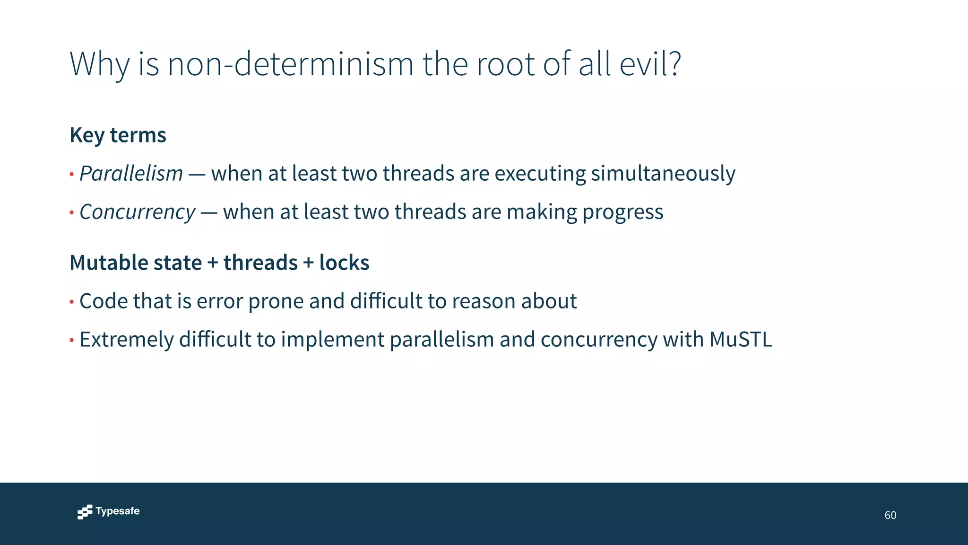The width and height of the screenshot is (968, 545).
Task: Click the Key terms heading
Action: click(x=118, y=135)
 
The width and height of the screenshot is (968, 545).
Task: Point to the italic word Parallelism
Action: click(x=131, y=174)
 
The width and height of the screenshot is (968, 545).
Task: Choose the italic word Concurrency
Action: click(x=137, y=212)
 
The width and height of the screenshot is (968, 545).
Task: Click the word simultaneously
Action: click(x=663, y=174)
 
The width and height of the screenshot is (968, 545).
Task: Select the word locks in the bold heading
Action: click(x=344, y=263)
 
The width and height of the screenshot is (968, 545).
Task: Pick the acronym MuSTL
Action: click(x=741, y=339)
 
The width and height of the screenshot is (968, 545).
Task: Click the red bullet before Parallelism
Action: click(x=72, y=175)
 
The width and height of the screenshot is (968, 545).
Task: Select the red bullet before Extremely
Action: click(x=72, y=340)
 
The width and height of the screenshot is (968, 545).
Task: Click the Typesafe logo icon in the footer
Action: click(x=85, y=512)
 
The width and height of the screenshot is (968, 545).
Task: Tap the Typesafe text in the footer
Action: click(x=117, y=511)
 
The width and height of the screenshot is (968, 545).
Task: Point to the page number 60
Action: click(x=890, y=515)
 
